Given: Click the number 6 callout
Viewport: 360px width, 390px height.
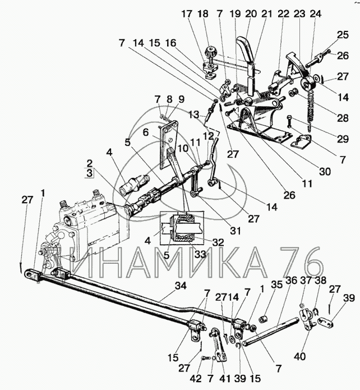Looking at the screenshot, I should [x=145, y=133].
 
